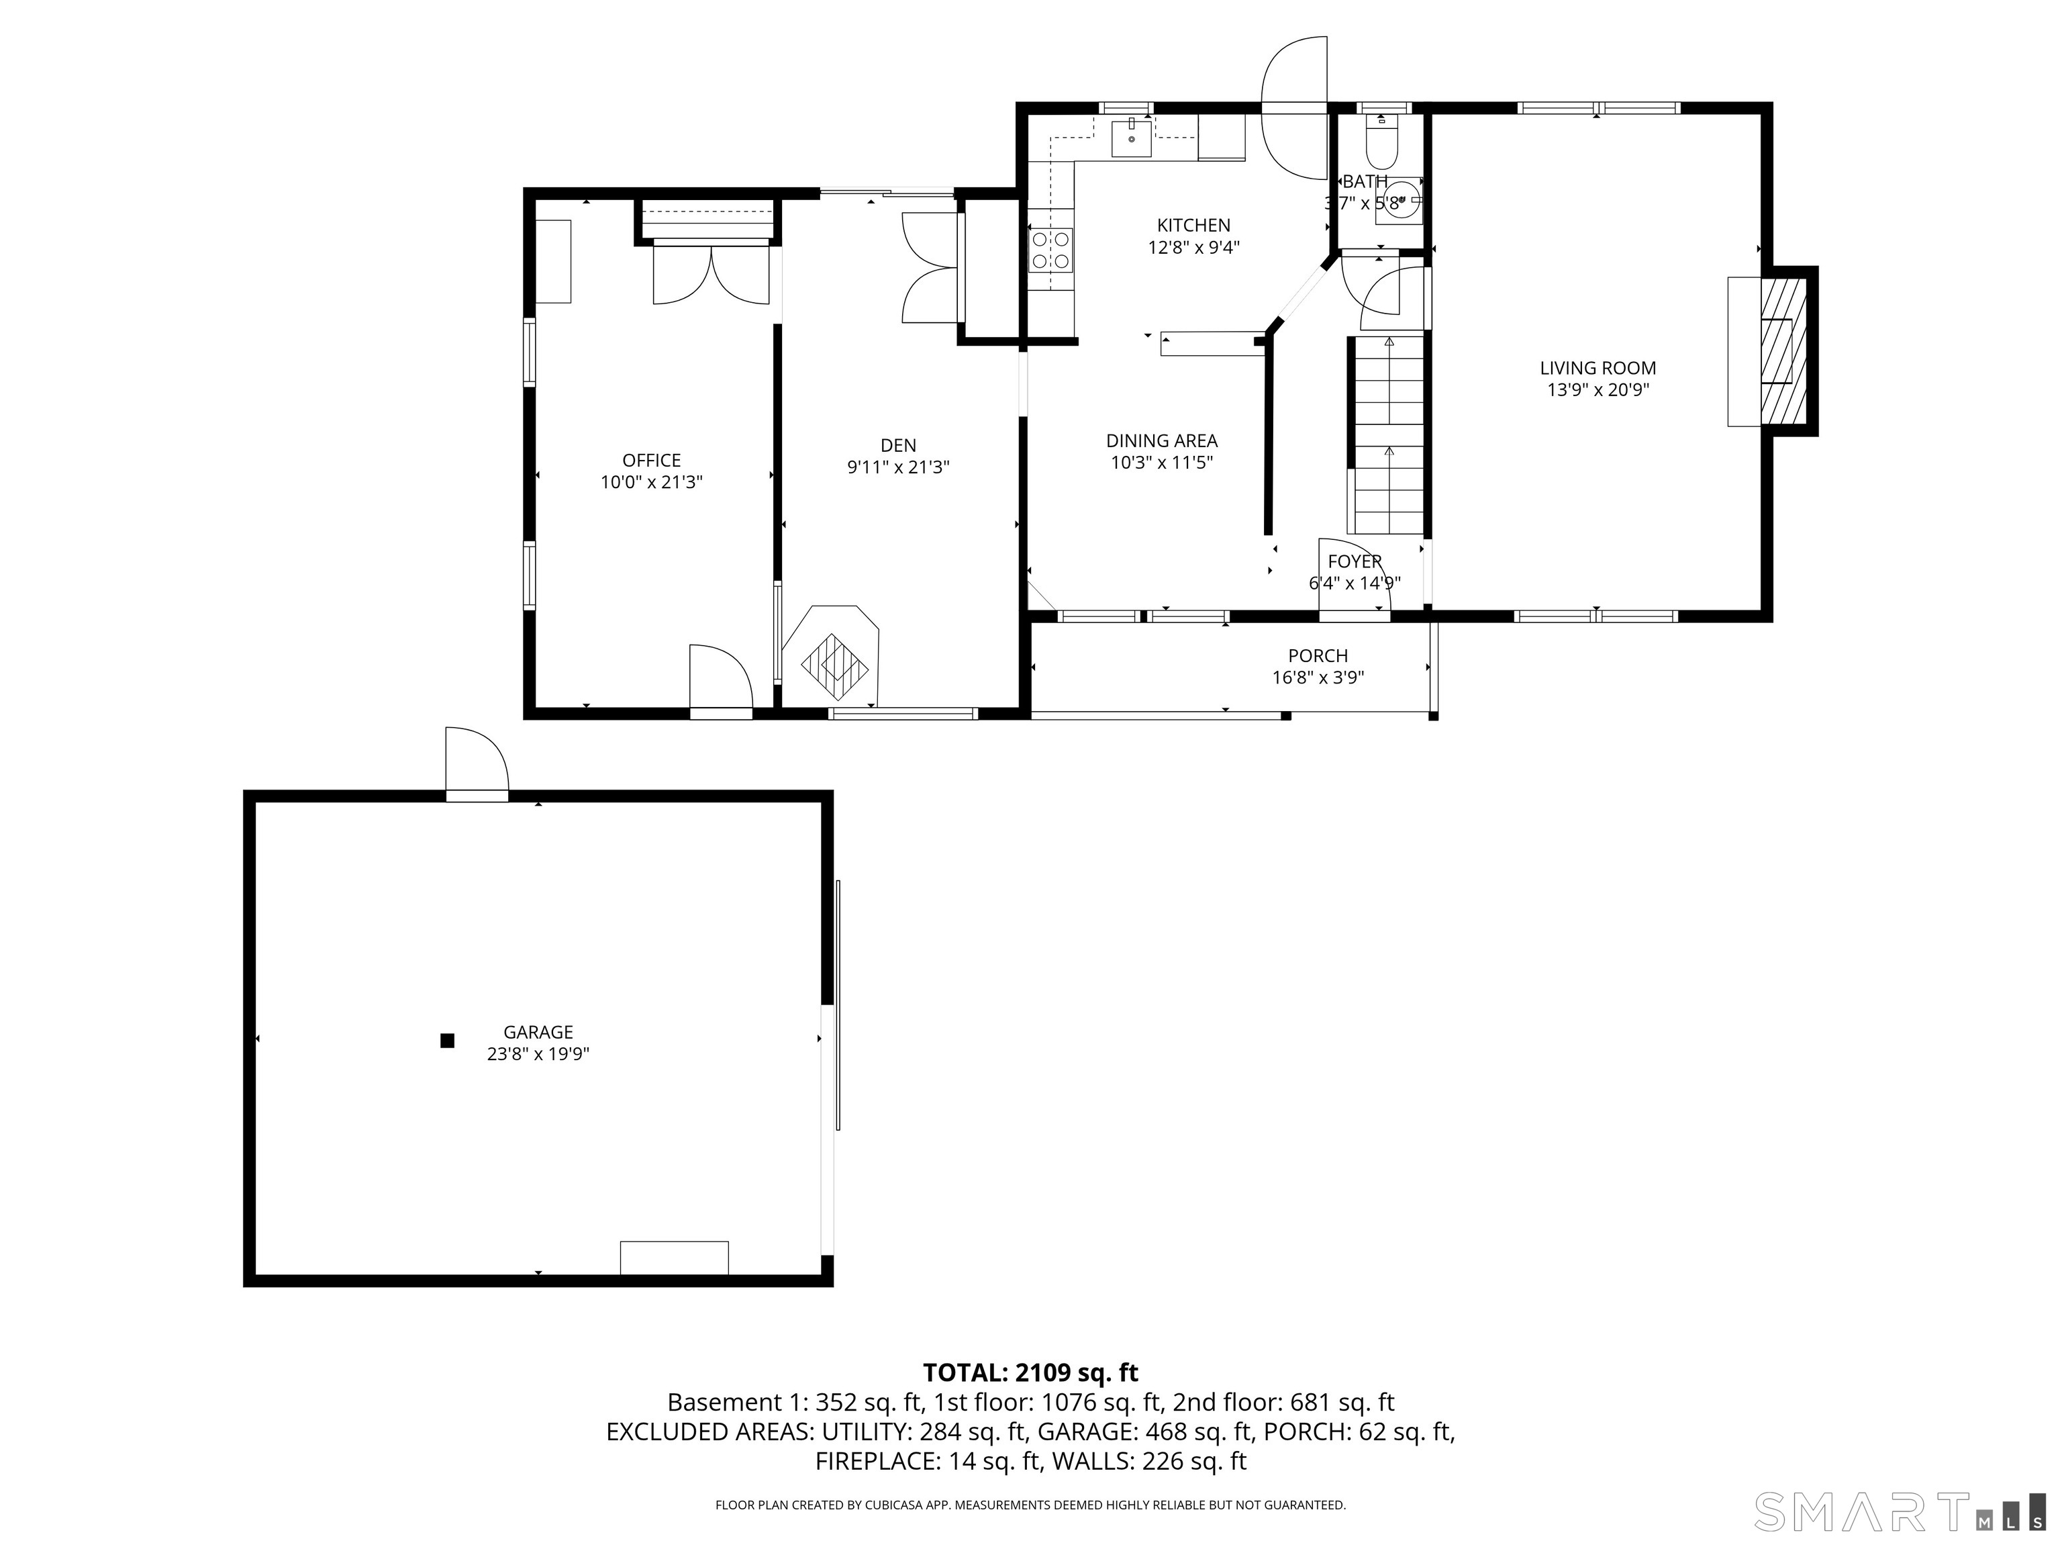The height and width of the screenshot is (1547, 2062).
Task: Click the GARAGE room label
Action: [538, 1031]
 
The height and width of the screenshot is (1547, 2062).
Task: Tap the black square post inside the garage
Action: [448, 1041]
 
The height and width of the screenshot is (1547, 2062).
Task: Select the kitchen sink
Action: [1131, 138]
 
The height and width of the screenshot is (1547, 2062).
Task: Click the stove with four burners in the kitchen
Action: [1050, 250]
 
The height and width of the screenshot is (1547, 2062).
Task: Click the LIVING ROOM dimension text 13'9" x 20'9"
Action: [1598, 391]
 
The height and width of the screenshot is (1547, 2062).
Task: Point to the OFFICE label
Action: [652, 460]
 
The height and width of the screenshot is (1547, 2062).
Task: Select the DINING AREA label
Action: [1161, 440]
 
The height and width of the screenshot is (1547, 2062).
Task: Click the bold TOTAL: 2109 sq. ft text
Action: [1030, 1372]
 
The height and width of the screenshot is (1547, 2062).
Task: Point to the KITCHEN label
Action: [1193, 225]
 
